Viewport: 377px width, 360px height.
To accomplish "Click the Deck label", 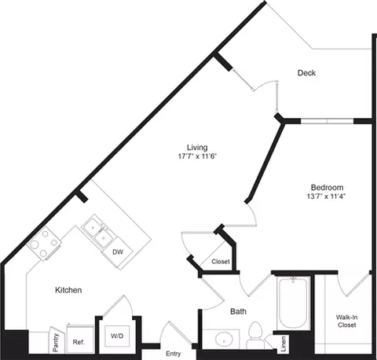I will pyautogui.click(x=306, y=73).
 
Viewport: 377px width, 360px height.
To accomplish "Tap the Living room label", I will pyautogui.click(x=196, y=146).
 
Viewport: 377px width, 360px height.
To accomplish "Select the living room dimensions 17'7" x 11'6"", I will pyautogui.click(x=196, y=156).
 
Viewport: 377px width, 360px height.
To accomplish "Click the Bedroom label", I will pyautogui.click(x=327, y=187).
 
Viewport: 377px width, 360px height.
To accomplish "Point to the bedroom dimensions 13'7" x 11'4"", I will pyautogui.click(x=327, y=197).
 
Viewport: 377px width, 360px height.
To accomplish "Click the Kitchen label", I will pyautogui.click(x=68, y=290).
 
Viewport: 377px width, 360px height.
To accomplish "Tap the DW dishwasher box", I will pyautogui.click(x=118, y=252).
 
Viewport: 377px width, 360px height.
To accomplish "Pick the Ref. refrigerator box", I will pyautogui.click(x=79, y=340).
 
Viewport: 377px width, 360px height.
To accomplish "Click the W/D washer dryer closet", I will pyautogui.click(x=117, y=336).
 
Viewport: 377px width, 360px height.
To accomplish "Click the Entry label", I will pyautogui.click(x=174, y=353).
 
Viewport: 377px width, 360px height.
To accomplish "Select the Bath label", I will pyautogui.click(x=239, y=312).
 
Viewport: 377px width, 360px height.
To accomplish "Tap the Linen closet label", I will pyautogui.click(x=284, y=343).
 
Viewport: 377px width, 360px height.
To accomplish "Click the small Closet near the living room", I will pyautogui.click(x=220, y=261).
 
